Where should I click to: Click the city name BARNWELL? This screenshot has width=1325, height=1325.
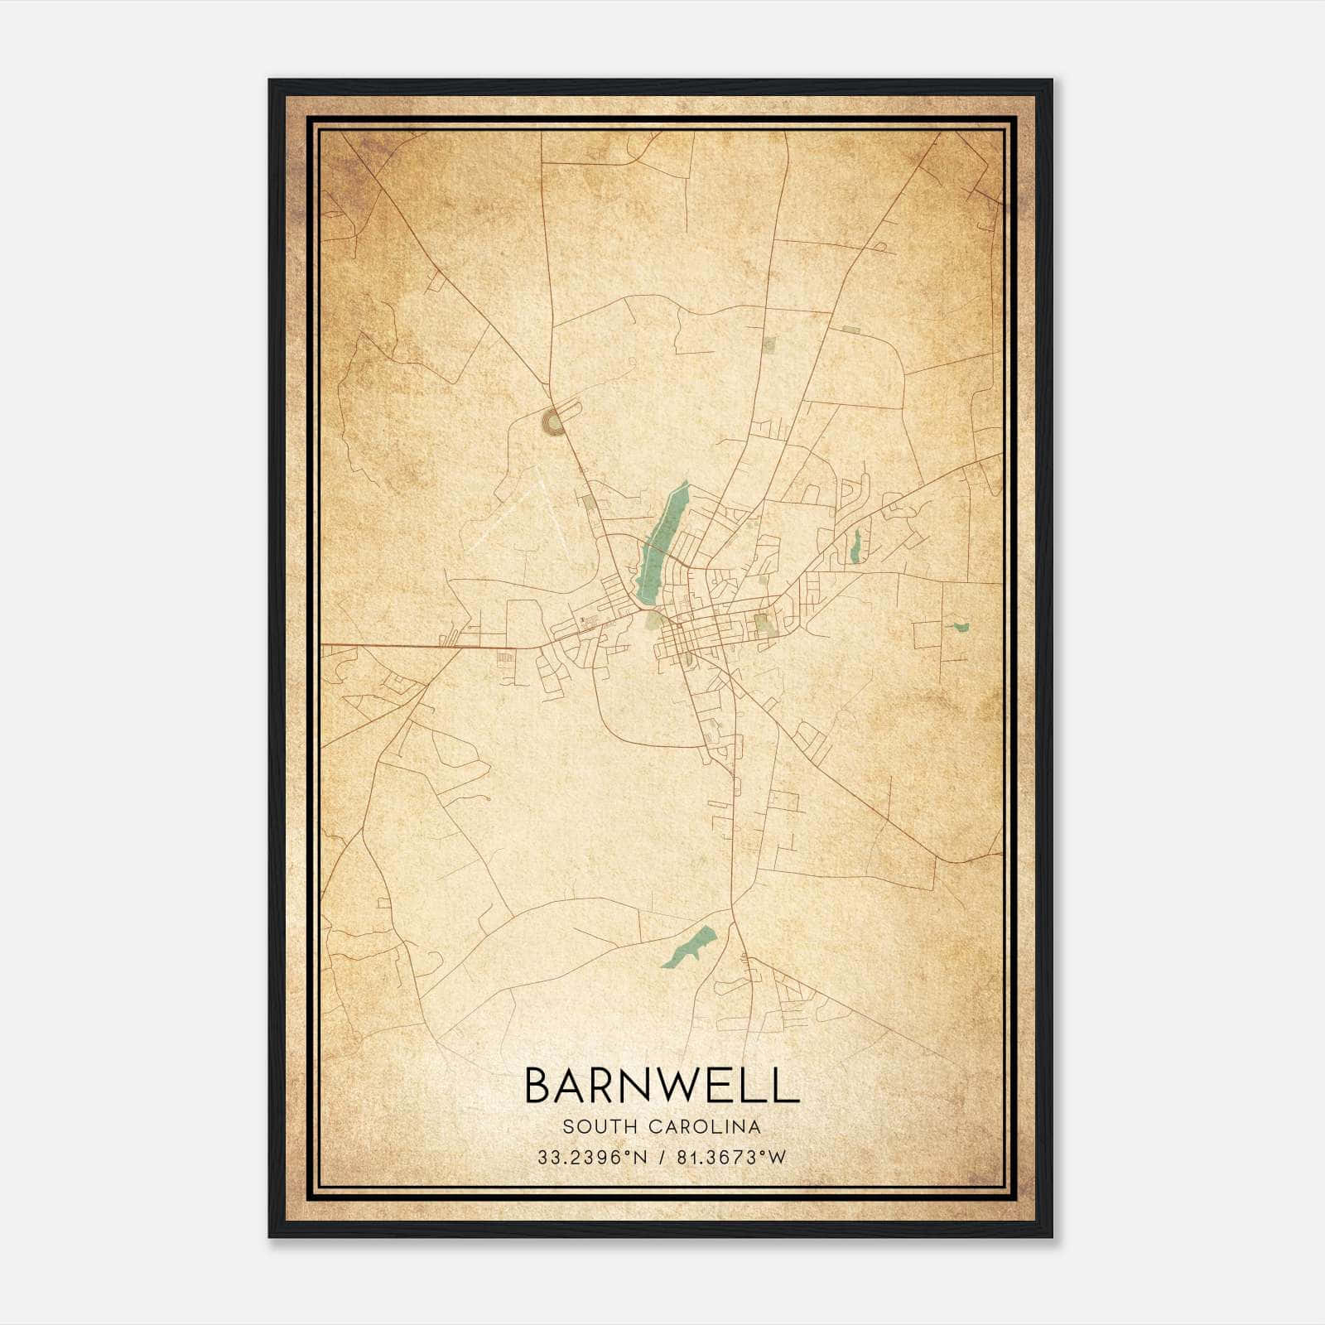(x=662, y=1085)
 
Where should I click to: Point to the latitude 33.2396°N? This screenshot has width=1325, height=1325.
(x=590, y=1158)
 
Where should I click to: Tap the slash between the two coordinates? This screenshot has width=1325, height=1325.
(x=660, y=1158)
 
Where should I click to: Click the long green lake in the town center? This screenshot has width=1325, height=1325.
(x=662, y=542)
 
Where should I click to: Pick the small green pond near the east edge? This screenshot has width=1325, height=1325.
(x=961, y=627)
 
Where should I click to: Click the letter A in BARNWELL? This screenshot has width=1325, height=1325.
(x=576, y=1085)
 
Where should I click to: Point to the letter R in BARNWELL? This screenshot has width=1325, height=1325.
(x=611, y=1085)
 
